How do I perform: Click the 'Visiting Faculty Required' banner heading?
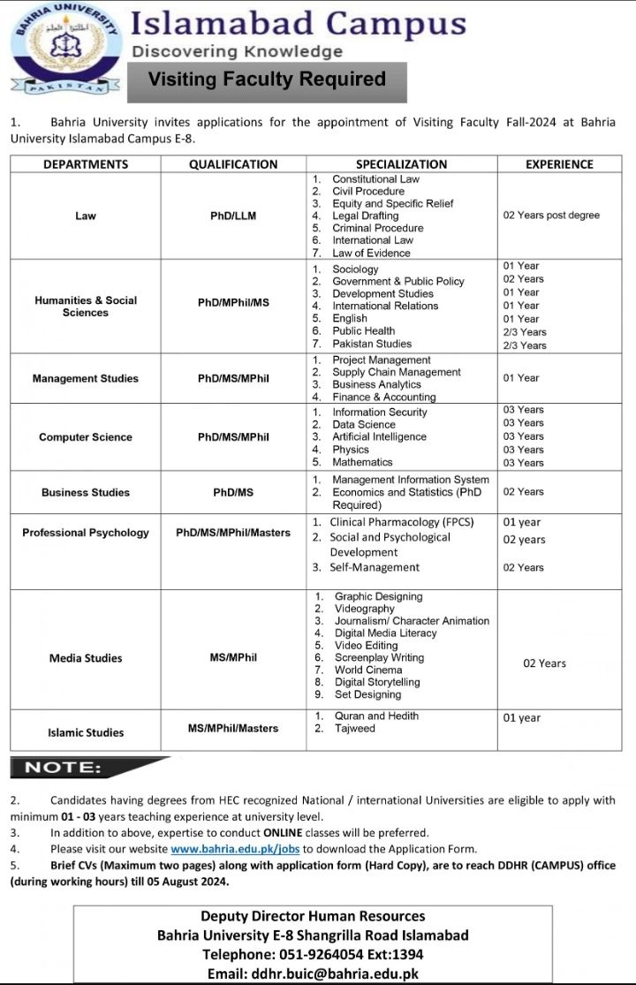tap(267, 80)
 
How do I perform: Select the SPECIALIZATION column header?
tap(401, 164)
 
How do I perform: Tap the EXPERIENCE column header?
tap(559, 164)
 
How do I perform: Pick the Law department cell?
tap(86, 216)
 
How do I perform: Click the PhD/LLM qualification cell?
tap(233, 216)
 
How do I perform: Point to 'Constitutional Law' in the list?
tap(375, 179)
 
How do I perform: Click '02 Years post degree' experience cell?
tap(551, 216)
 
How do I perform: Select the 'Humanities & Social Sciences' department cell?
tap(86, 307)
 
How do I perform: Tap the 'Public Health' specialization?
tap(363, 331)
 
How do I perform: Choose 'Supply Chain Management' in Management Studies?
tap(396, 373)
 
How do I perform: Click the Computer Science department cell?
tap(86, 437)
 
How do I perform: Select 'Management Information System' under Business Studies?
tap(410, 480)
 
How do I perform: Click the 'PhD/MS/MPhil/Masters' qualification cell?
tap(233, 533)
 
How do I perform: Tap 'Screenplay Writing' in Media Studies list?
tap(379, 658)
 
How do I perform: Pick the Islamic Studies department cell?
tap(86, 732)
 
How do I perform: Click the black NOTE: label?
tap(64, 768)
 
